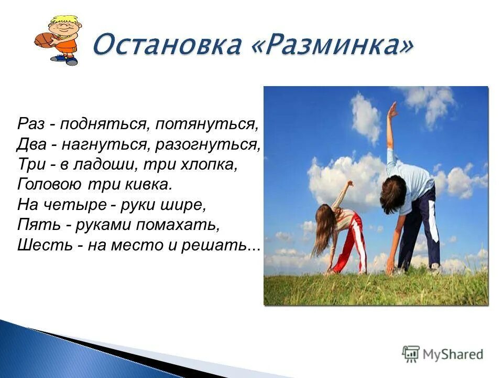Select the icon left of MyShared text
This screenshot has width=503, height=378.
tap(411, 354)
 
